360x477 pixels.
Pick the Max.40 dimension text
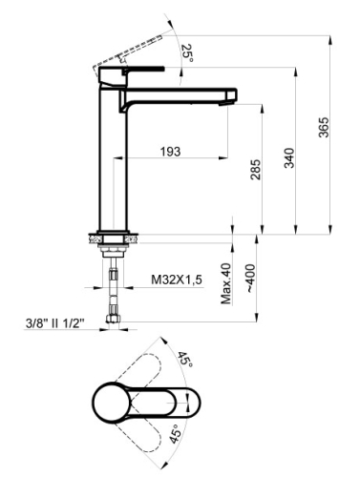point(227,282)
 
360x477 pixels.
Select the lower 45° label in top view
point(178,437)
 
